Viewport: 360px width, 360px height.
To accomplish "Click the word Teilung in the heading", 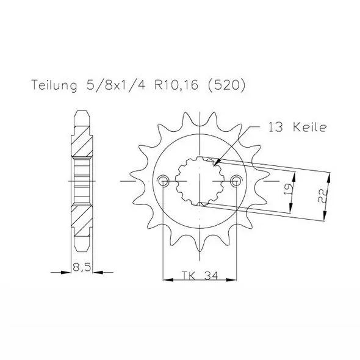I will click(x=51, y=87).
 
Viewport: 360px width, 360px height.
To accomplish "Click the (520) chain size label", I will click(x=228, y=87).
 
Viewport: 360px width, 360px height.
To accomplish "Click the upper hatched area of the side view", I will click(x=82, y=142).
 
